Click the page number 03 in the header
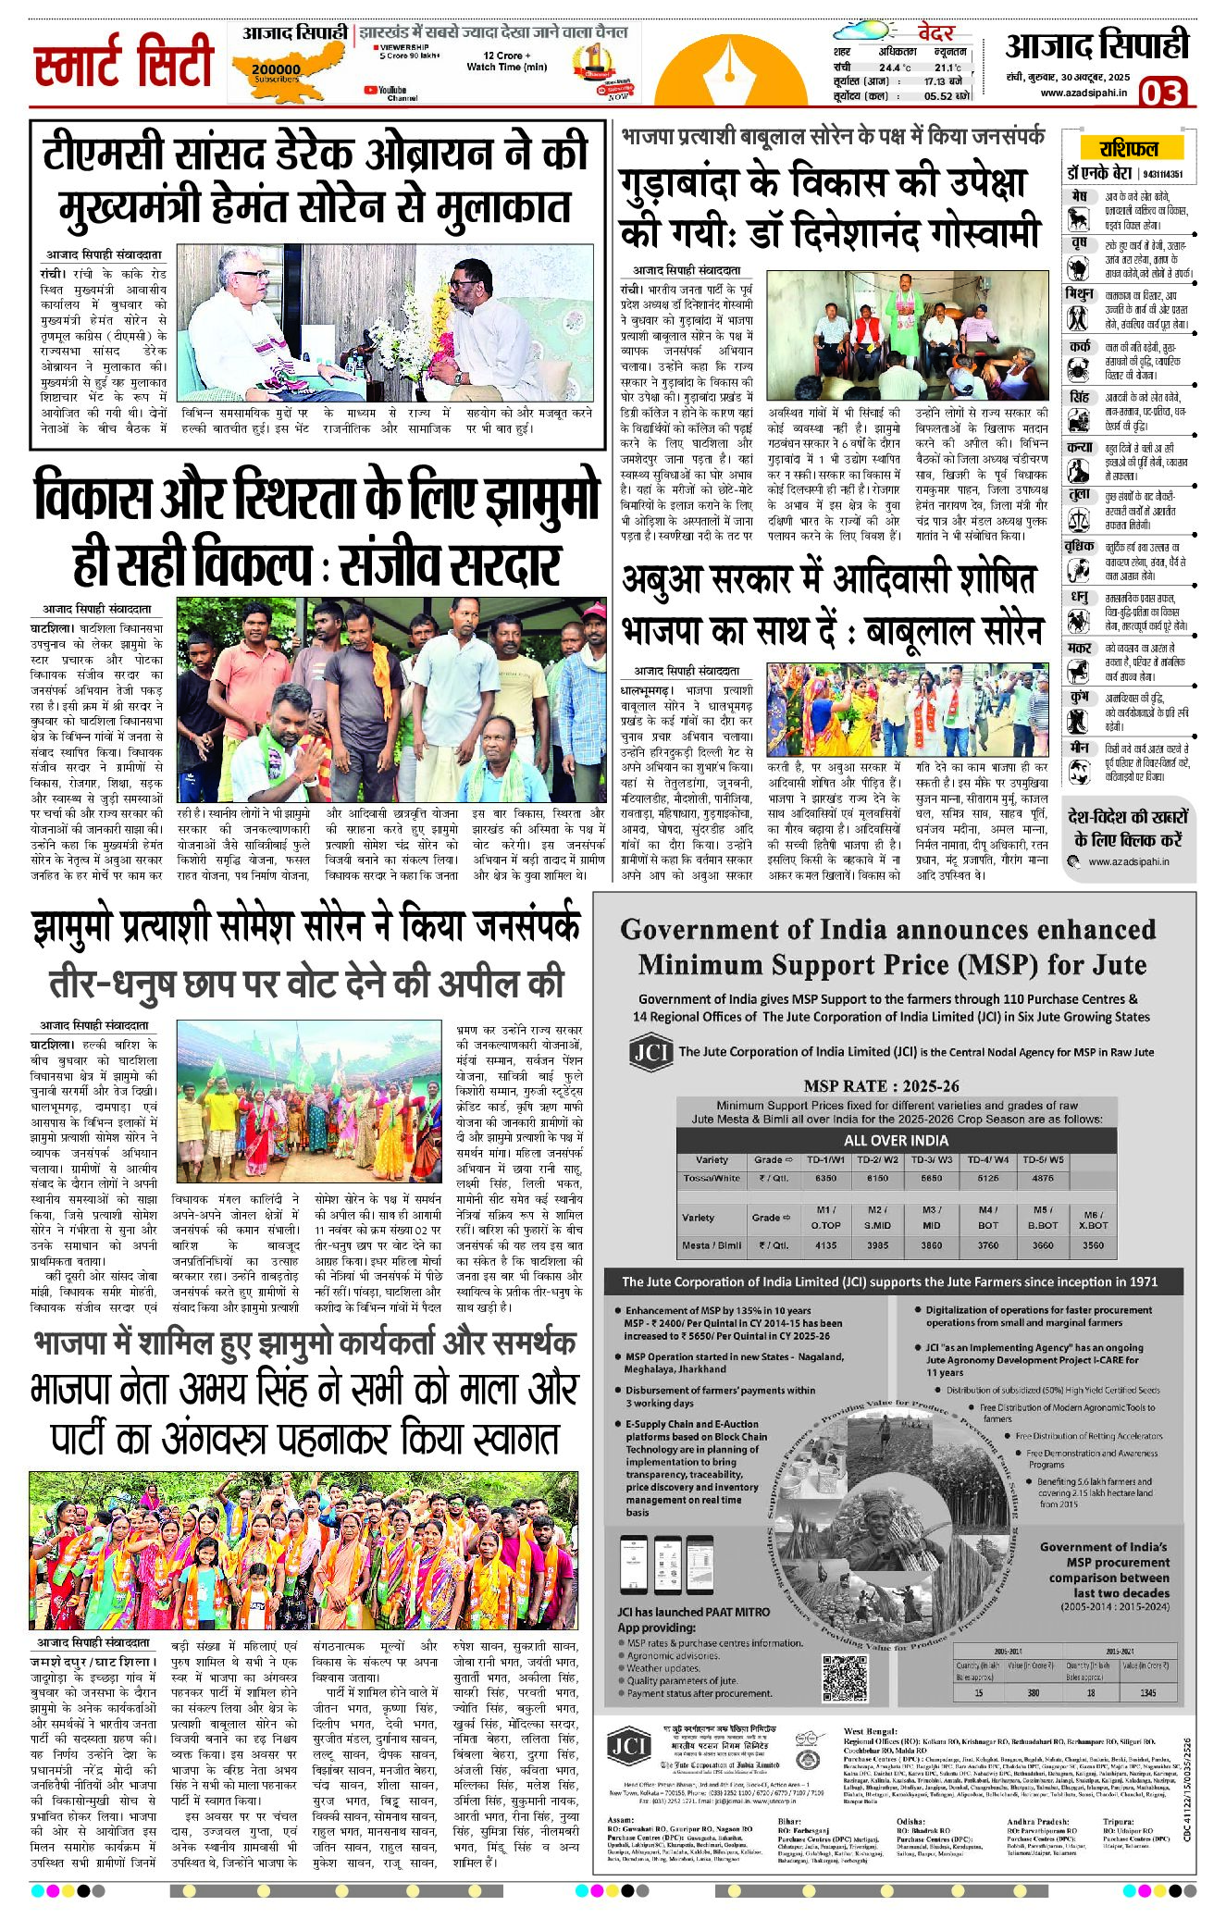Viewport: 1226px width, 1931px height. pyautogui.click(x=1162, y=93)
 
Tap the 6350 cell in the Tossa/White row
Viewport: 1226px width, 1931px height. pyautogui.click(x=825, y=1178)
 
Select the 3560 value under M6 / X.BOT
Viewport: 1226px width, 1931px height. pyautogui.click(x=1093, y=1244)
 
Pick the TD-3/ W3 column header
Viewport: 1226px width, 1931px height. pyautogui.click(x=931, y=1159)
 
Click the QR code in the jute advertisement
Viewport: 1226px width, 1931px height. pyautogui.click(x=845, y=1677)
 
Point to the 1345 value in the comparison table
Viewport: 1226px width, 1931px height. pyautogui.click(x=1147, y=1692)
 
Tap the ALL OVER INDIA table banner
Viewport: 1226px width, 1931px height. pyautogui.click(x=896, y=1140)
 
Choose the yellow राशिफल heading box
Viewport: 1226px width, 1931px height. pyautogui.click(x=1128, y=148)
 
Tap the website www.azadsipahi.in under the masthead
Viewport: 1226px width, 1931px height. pyautogui.click(x=1084, y=93)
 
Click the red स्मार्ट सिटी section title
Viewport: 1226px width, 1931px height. pyautogui.click(x=124, y=63)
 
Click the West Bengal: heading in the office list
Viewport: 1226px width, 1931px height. pyautogui.click(x=870, y=1729)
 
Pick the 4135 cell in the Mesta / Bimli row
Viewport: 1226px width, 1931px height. pyautogui.click(x=825, y=1244)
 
